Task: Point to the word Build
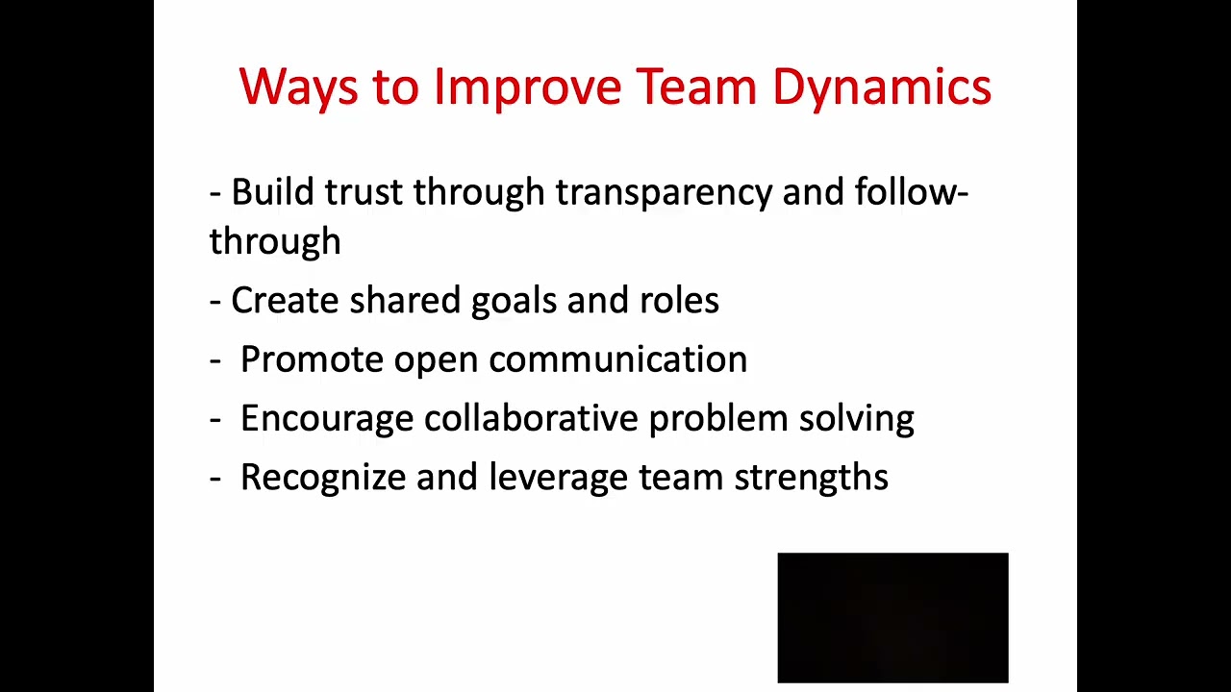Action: (272, 192)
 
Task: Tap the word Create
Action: (285, 301)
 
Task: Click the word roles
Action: (679, 301)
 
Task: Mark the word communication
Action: (617, 359)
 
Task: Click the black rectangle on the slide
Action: (892, 617)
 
